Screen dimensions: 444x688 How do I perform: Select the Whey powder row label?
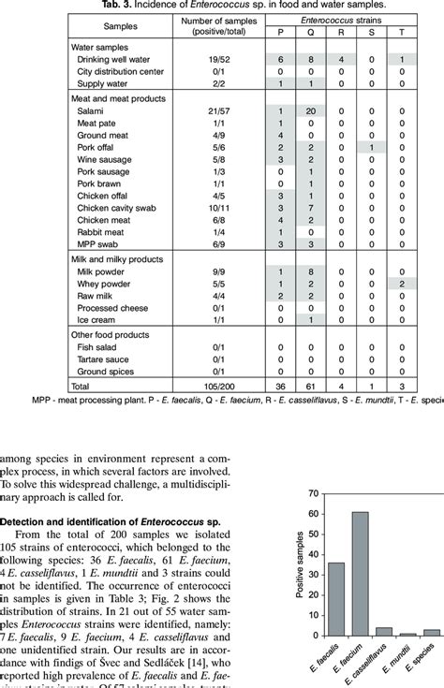103,282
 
